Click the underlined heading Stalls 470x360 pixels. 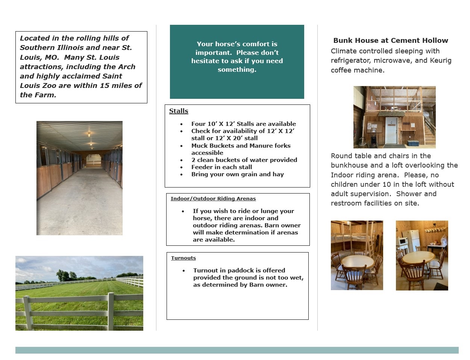pos(179,111)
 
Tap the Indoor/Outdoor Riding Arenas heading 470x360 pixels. pos(213,198)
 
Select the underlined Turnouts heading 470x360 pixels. pos(183,258)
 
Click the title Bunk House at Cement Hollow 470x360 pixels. pos(391,40)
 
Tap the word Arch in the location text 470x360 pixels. pos(127,67)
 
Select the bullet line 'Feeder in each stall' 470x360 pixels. pos(221,167)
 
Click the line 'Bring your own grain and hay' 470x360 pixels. pos(237,174)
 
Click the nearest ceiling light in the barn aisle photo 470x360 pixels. pos(89,134)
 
